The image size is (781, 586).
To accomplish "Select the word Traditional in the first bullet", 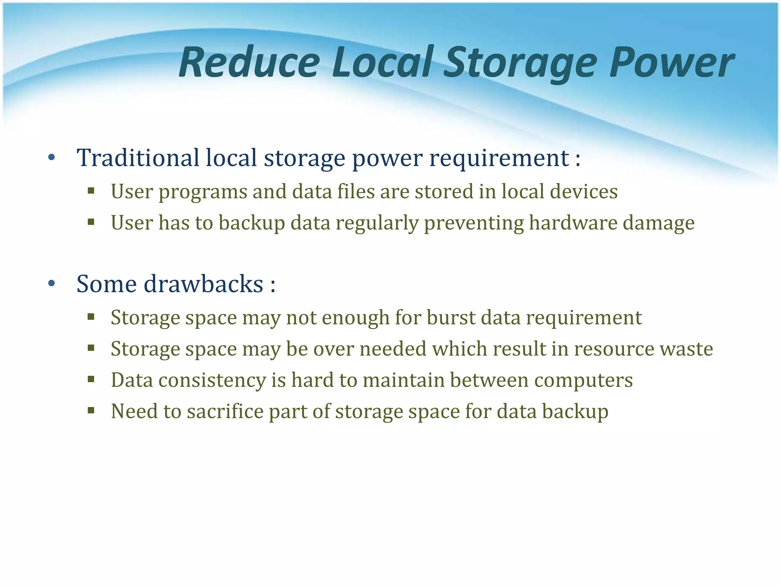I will (138, 158).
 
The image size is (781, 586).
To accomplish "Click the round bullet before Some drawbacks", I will (52, 283).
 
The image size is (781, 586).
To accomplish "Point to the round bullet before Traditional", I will (52, 157).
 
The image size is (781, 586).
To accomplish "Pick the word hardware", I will (573, 223).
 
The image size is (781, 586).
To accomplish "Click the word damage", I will (659, 223).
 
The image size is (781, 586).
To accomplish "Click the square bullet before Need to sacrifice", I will (91, 411).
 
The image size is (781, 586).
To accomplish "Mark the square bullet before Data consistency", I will (91, 379).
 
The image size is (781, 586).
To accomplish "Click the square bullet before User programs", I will (91, 190).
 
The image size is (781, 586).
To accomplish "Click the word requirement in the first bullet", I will (499, 158).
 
